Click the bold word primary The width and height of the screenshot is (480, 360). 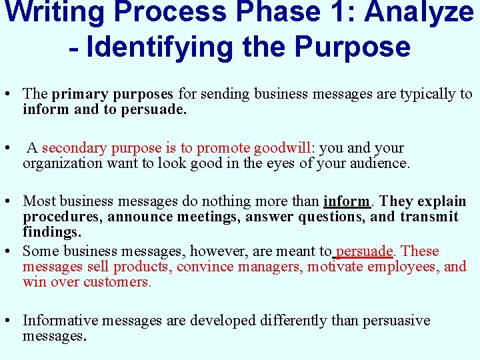pos(79,94)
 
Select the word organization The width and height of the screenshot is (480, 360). pos(59,163)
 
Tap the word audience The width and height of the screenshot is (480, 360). pos(378,163)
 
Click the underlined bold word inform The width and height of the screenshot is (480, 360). pos(347,201)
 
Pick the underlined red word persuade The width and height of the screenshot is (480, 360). pos(365,251)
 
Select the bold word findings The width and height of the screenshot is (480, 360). pos(52,231)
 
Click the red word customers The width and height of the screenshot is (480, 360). pos(117,282)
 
